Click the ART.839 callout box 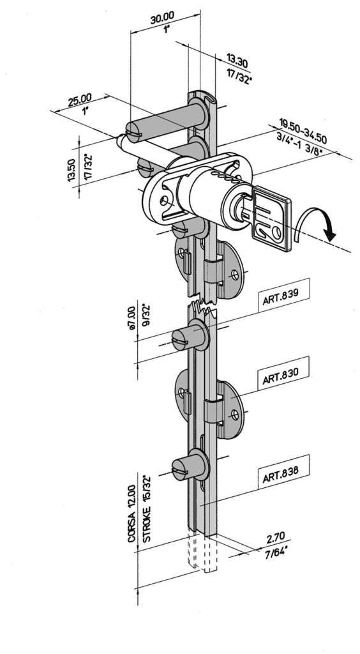(284, 294)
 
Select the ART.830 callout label (283, 373)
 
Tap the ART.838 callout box (283, 471)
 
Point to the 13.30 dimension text (237, 60)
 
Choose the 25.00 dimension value (80, 100)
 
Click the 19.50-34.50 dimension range (303, 130)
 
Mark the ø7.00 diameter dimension (131, 318)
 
